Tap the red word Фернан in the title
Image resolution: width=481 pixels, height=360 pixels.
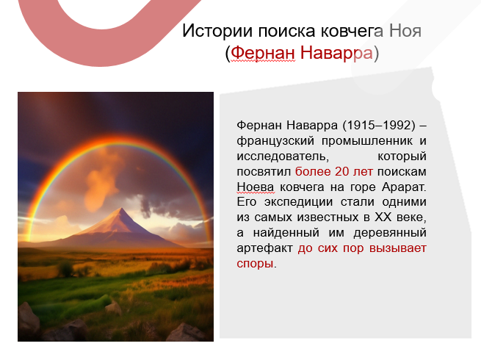tap(261, 54)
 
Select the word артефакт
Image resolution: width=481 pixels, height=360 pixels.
tap(265, 248)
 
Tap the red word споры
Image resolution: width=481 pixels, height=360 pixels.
tap(254, 264)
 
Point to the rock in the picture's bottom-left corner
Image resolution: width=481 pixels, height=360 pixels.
tap(29, 317)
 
